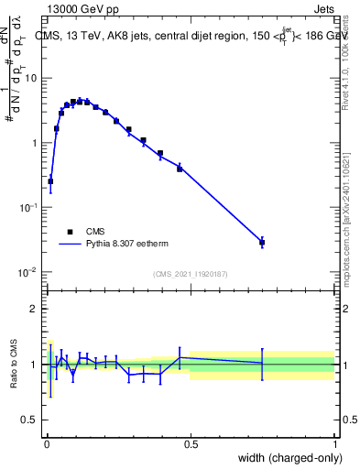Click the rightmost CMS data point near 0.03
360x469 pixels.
click(x=262, y=243)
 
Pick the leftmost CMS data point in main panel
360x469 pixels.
click(x=50, y=181)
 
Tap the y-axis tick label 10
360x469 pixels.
click(x=31, y=78)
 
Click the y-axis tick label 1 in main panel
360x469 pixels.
click(x=35, y=143)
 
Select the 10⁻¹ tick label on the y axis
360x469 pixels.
click(x=29, y=208)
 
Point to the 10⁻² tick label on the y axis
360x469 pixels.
click(x=29, y=272)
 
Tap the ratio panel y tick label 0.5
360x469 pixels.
click(x=30, y=420)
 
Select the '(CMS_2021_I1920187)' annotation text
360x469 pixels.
click(x=191, y=274)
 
